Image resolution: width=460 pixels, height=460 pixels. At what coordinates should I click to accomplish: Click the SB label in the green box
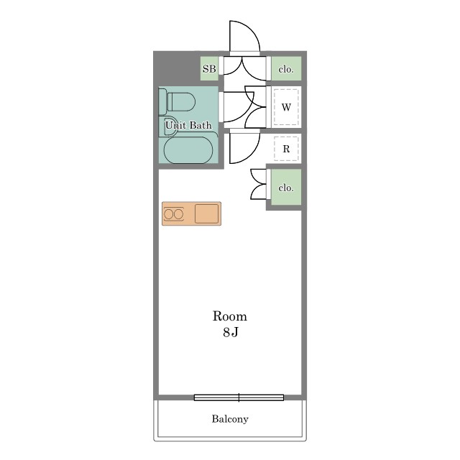[209, 69]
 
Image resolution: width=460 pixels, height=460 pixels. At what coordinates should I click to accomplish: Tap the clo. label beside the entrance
[286, 70]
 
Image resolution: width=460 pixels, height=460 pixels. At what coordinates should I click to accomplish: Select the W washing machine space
[286, 107]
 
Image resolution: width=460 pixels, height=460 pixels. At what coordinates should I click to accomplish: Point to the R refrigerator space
[286, 149]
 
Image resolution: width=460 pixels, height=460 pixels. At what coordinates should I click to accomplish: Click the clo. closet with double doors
[286, 187]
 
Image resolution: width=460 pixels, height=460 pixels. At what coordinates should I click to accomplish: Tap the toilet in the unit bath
[177, 101]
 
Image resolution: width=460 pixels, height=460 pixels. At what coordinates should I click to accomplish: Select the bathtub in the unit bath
[188, 149]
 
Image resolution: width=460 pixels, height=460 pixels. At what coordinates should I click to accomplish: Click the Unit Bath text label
[188, 125]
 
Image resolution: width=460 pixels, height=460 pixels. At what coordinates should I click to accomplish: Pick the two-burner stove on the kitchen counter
[174, 214]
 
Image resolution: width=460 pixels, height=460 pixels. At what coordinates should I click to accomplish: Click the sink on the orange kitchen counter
[207, 213]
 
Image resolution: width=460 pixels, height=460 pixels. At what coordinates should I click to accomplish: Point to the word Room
[230, 316]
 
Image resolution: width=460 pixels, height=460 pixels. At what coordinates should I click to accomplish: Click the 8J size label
[230, 332]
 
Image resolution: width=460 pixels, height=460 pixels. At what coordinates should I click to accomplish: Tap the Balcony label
[230, 419]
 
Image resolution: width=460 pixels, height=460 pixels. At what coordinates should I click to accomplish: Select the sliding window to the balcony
[239, 397]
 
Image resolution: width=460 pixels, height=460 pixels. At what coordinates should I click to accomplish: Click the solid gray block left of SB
[177, 68]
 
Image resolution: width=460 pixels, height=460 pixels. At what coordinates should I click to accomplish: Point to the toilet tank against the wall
[162, 101]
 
